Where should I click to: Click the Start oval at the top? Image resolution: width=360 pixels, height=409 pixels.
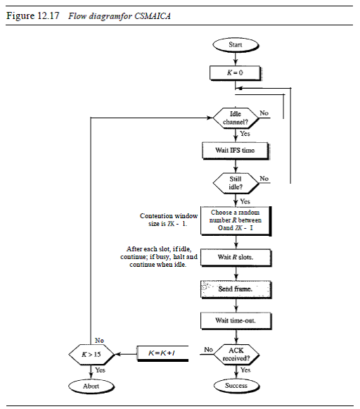(x=236, y=45)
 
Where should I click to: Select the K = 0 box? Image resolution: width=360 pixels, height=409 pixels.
(x=236, y=72)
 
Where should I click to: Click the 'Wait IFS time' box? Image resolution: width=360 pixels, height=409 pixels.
(x=236, y=151)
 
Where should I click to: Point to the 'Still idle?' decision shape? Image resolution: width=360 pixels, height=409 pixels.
(x=236, y=183)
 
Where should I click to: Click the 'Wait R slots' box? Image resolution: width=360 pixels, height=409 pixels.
(x=236, y=258)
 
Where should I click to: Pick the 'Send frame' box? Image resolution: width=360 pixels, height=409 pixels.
(x=236, y=289)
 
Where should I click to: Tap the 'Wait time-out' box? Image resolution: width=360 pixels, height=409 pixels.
(x=236, y=321)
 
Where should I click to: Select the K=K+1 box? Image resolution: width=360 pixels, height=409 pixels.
(x=162, y=351)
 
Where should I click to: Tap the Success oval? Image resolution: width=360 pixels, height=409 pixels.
(x=236, y=386)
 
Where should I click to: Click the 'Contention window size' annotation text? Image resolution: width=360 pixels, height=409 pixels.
(x=164, y=220)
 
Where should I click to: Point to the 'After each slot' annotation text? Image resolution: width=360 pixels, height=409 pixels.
(x=158, y=257)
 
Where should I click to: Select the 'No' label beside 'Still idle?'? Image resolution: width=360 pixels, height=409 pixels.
(x=264, y=179)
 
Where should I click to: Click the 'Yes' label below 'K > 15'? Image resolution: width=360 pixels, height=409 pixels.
(x=100, y=370)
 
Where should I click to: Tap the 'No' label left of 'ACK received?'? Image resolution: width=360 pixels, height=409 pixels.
(x=208, y=349)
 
